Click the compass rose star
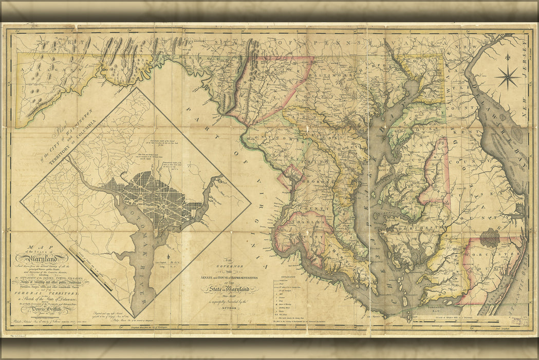coord(507,78)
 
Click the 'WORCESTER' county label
coord(488,256)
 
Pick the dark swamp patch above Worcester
coord(490,238)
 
